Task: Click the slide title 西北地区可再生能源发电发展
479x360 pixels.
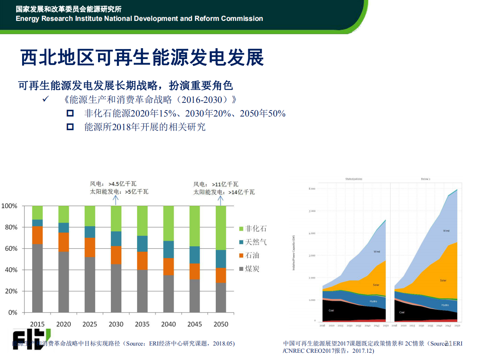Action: [x=142, y=57]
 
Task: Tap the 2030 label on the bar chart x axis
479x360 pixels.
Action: [x=116, y=324]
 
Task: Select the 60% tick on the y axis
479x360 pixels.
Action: [x=10, y=249]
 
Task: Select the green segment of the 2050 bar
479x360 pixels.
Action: [x=221, y=227]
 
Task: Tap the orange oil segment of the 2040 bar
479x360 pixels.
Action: [x=168, y=266]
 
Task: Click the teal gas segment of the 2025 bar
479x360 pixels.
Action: [x=90, y=232]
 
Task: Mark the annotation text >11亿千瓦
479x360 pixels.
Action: [x=227, y=184]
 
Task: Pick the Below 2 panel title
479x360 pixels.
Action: [x=426, y=179]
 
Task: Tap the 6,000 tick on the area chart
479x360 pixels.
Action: [x=312, y=188]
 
